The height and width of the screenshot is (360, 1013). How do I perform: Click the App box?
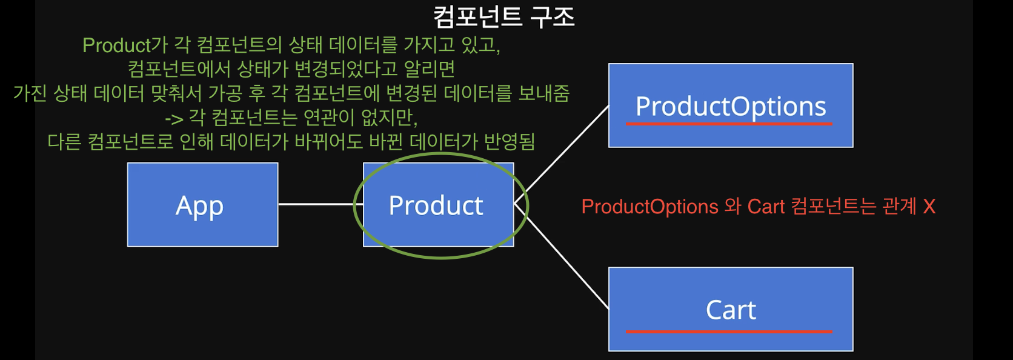click(202, 205)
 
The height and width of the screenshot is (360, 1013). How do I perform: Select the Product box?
click(437, 205)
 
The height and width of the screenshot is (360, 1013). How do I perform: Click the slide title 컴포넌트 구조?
click(504, 17)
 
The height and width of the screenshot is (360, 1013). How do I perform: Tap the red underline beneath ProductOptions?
click(729, 124)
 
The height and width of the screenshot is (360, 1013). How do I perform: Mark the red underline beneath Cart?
click(729, 332)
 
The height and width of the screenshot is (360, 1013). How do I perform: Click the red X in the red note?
click(929, 207)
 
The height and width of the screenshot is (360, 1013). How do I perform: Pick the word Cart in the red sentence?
click(766, 207)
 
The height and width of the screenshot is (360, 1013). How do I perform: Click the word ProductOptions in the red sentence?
click(649, 207)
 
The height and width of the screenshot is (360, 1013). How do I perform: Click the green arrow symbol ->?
click(174, 119)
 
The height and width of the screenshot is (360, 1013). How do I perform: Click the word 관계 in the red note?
click(899, 207)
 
